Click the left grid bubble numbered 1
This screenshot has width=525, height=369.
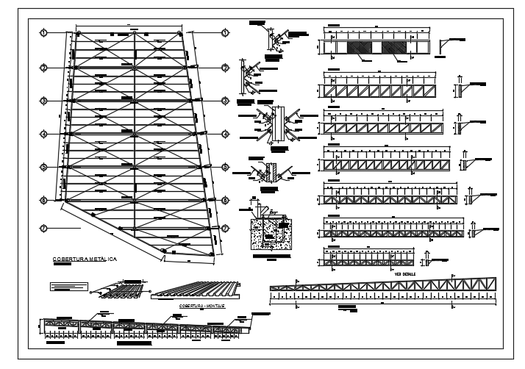(44, 33)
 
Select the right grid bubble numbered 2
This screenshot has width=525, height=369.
(226, 68)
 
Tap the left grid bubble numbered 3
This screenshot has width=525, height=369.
(44, 101)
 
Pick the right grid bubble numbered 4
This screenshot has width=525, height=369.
(226, 135)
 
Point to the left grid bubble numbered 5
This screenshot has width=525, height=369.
(44, 168)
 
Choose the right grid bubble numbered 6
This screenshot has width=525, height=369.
(226, 200)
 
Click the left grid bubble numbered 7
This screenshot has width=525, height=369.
(44, 228)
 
